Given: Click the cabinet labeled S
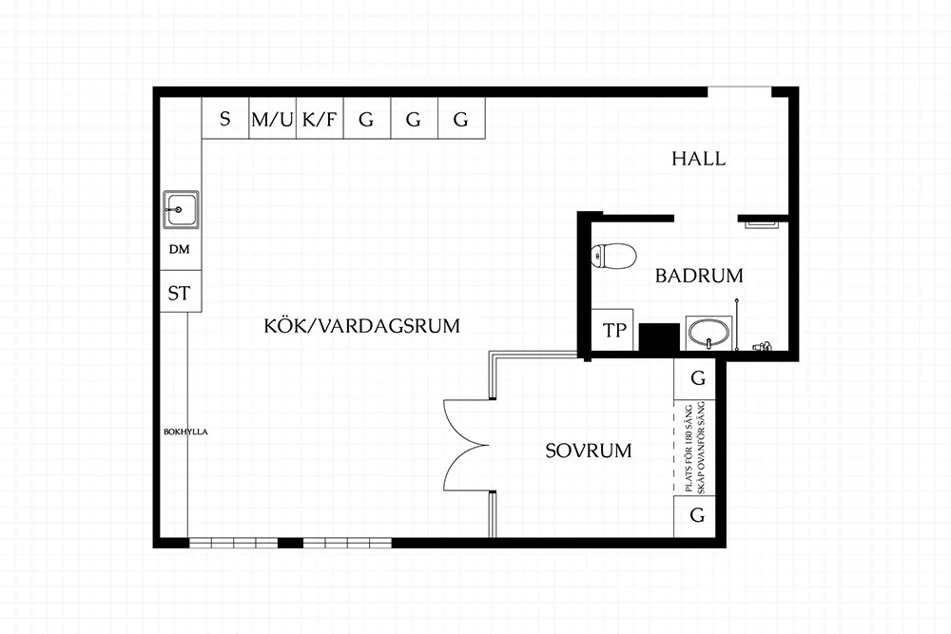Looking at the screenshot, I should coord(225,120).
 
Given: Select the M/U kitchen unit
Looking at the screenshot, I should coord(272,120).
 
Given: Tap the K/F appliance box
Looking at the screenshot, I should coord(320,120).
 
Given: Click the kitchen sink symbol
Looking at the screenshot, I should coord(180,209).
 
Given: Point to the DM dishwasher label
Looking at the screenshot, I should coord(180,251).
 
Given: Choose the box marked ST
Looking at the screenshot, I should coord(180,293).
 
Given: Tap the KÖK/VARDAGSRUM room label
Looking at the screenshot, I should coord(361,326).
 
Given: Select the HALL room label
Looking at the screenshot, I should coord(698,159).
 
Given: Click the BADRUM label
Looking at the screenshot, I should coord(699,277).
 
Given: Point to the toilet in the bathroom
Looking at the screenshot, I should coord(613,256).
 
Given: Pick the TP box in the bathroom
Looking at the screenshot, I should coord(614,331).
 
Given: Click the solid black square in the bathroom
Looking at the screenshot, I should coord(657,336).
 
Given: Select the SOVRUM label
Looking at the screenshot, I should coord(589,451).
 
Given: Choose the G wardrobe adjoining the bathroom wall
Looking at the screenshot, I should coord(698,378).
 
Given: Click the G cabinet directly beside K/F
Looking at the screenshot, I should coord(366,120).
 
